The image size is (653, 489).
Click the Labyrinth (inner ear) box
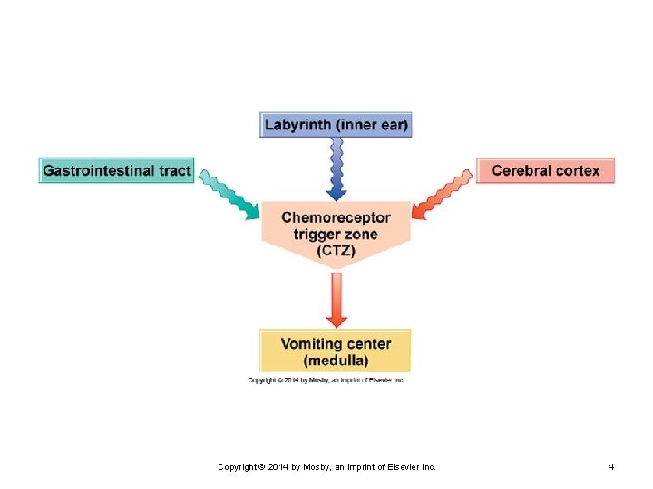point(336,125)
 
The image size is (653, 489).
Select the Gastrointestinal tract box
point(117,170)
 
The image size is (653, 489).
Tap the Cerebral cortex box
point(545,170)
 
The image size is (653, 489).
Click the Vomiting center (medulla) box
point(336,351)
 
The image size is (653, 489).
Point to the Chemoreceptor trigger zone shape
point(336,234)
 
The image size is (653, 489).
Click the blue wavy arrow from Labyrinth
point(336,169)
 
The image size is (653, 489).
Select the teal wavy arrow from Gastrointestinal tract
point(229,194)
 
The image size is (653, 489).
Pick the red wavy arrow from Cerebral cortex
point(443,194)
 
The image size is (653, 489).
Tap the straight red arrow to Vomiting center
point(336,301)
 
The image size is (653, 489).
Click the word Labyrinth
point(297,125)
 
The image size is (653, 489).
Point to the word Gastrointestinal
point(98,170)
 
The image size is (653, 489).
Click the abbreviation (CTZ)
point(336,251)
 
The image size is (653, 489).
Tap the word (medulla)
point(336,360)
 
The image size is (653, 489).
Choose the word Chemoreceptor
point(336,217)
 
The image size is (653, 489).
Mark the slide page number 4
point(611,467)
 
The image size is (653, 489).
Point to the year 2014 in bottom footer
point(278,467)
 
